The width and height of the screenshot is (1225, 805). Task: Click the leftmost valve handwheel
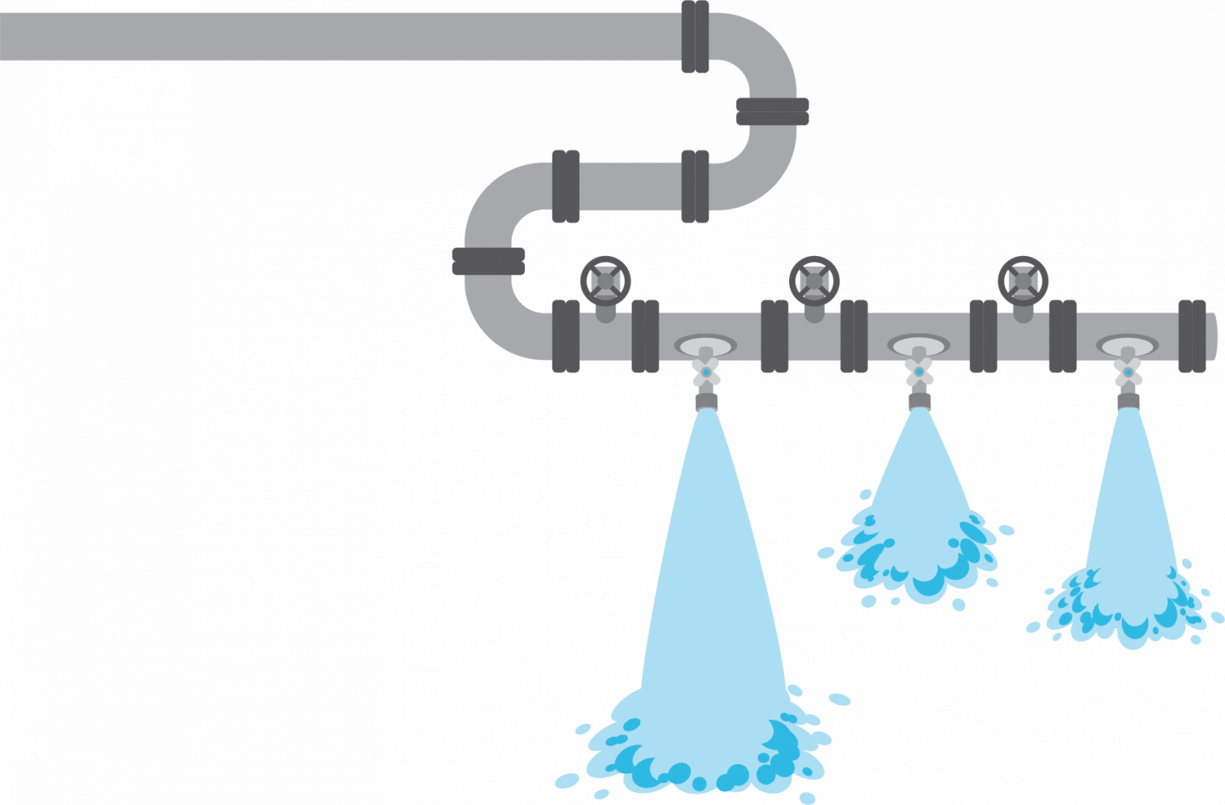tap(605, 281)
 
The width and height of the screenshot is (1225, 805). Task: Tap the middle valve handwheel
tap(814, 281)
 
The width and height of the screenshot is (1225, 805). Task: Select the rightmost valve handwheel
tap(1022, 281)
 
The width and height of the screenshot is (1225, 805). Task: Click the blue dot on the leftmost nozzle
tap(705, 372)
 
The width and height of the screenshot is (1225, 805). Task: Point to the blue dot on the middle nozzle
tap(919, 372)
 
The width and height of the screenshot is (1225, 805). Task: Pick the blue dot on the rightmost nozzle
tap(1127, 372)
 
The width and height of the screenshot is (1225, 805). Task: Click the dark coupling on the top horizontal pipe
tap(695, 36)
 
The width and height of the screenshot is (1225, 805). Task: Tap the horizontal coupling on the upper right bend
tap(772, 111)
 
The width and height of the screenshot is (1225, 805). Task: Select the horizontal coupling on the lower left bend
tap(488, 261)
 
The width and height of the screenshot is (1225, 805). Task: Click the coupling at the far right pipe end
tap(1192, 336)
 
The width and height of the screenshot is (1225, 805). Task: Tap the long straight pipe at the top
tap(339, 36)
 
